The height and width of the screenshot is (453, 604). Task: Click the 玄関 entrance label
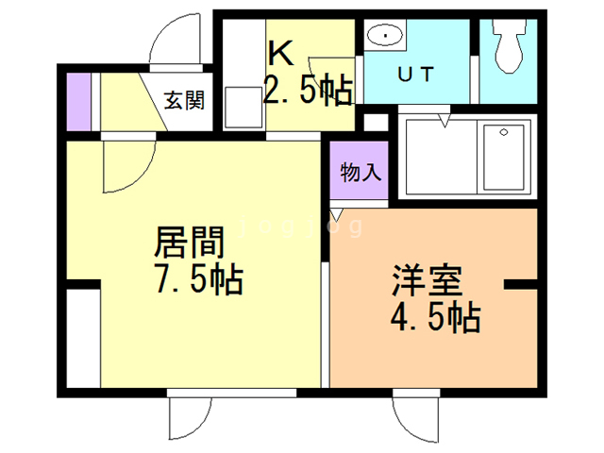click(185, 100)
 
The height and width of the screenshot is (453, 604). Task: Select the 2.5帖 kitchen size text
click(308, 92)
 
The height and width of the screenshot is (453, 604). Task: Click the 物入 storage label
click(360, 173)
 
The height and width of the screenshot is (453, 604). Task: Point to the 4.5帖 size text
click(435, 316)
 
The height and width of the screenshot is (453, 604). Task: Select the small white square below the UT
click(374, 121)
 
